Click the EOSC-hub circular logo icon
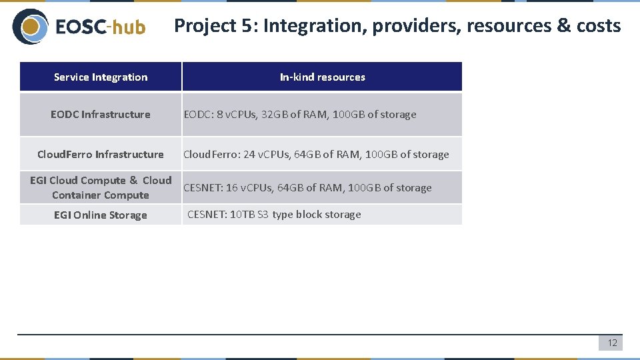[30, 27]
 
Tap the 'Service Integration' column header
[101, 77]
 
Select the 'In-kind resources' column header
[322, 77]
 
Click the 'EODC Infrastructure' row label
[101, 115]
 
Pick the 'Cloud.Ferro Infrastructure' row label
[101, 155]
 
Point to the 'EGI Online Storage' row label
[101, 215]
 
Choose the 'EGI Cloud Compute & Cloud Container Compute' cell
[101, 187]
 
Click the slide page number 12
[612, 343]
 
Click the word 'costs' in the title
[599, 27]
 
